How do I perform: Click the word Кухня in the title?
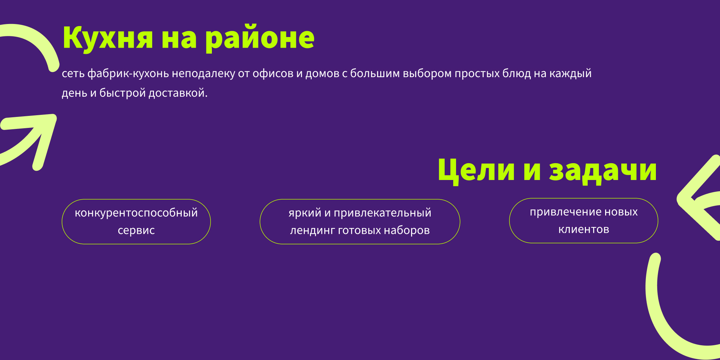(107, 38)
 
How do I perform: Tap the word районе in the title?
(260, 38)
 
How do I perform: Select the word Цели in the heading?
(476, 170)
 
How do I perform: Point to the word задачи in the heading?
(603, 170)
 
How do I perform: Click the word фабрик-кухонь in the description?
(128, 73)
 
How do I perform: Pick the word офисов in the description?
(273, 73)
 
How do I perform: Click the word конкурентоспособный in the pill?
(136, 213)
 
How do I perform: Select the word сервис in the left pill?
(136, 230)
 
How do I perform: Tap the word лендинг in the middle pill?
(312, 230)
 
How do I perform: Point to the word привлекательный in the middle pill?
(382, 213)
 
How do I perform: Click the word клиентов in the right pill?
(584, 229)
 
